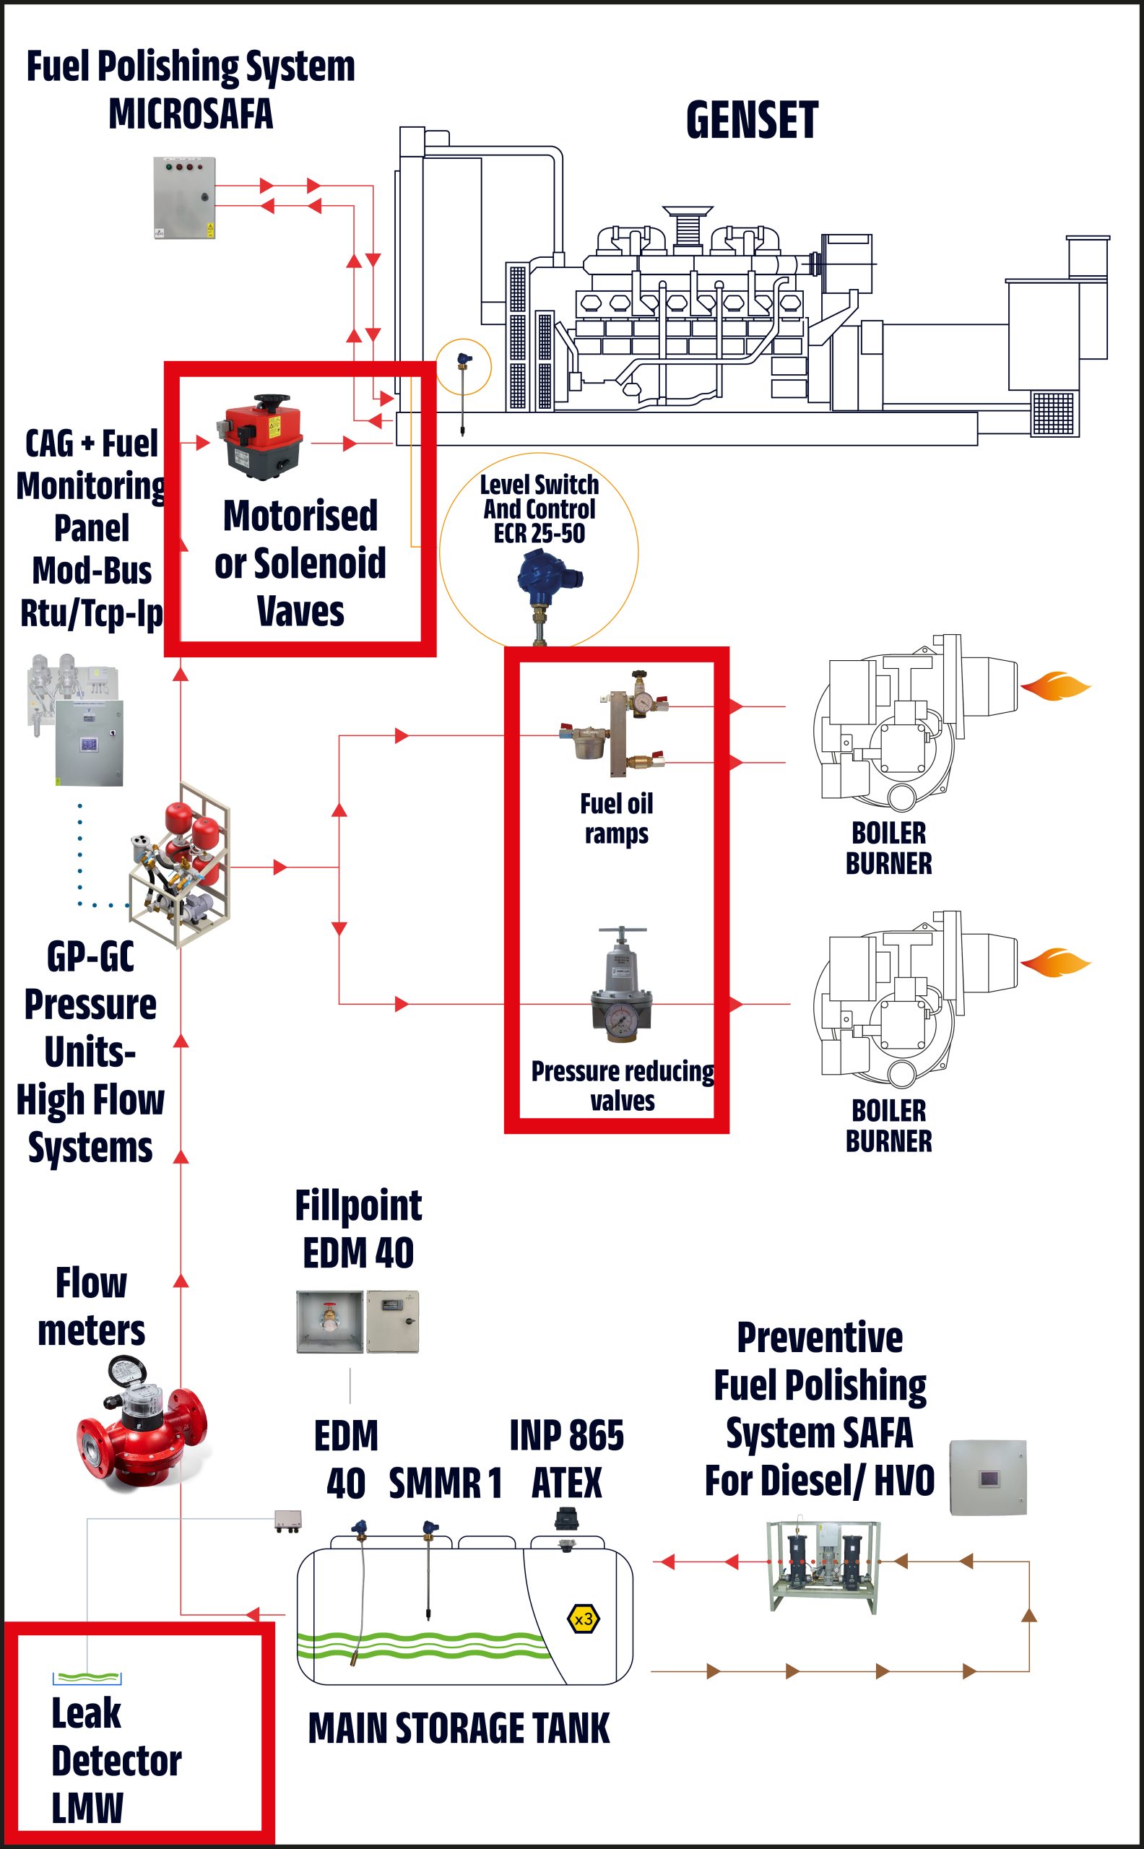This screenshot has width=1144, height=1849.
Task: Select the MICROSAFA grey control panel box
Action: click(x=184, y=197)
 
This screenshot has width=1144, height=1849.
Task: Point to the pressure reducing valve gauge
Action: click(x=622, y=1022)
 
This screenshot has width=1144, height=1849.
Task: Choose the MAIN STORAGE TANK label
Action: click(x=459, y=1728)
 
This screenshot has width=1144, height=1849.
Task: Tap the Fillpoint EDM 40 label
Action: click(x=358, y=1229)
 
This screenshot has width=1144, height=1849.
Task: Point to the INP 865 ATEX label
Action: click(x=567, y=1459)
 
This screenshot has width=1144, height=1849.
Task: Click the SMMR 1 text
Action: click(x=445, y=1483)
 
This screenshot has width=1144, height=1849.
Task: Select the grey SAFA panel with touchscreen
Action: click(x=987, y=1478)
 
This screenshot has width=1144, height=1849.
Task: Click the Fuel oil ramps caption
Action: click(x=616, y=818)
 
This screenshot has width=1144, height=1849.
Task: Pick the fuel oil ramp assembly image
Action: click(x=615, y=724)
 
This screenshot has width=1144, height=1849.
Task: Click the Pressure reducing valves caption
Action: click(x=622, y=1086)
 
